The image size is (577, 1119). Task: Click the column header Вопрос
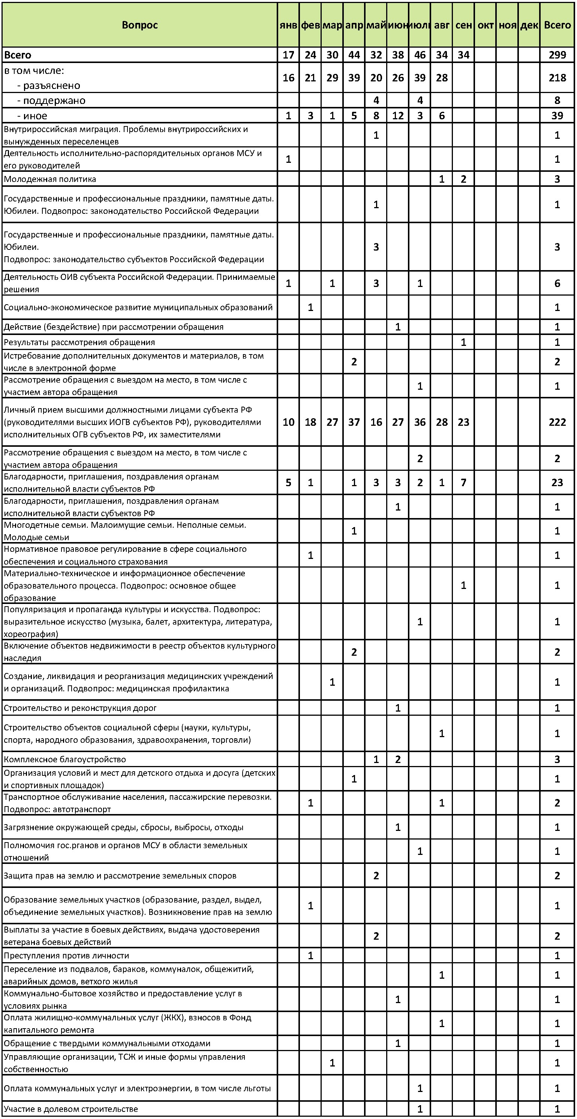tap(139, 25)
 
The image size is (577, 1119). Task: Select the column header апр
tap(354, 25)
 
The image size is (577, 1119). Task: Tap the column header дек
tap(529, 25)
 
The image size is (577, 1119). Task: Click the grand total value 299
tap(557, 55)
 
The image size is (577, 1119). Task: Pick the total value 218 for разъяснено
tap(557, 78)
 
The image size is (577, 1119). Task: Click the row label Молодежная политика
tap(50, 179)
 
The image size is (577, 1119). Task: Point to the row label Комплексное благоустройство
tap(65, 759)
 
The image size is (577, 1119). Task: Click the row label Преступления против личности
tap(66, 956)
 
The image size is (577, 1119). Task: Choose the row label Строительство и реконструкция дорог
tap(80, 708)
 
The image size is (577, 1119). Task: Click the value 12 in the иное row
tap(398, 116)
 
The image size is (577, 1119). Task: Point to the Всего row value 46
tap(420, 55)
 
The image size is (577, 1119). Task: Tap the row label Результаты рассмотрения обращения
tap(79, 342)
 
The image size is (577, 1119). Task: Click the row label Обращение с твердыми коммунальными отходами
tap(107, 1044)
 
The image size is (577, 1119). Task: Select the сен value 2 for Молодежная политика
tap(463, 179)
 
